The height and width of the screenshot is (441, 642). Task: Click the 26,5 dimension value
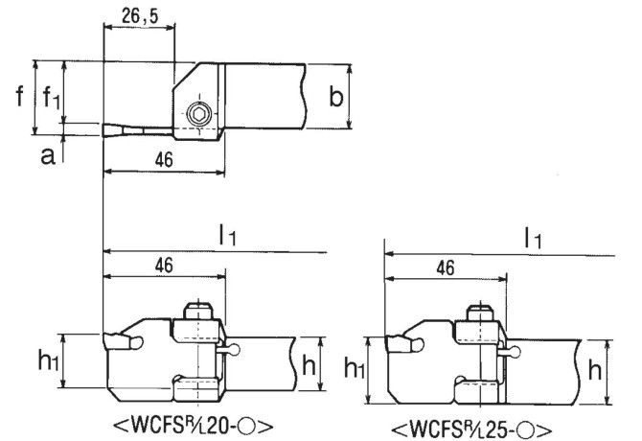140,16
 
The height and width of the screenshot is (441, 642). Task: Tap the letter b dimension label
336,97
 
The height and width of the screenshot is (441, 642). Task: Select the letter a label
48,155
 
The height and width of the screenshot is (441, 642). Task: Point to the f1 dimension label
52,98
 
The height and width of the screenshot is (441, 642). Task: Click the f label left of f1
19,96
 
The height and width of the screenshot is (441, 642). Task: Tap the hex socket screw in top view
199,113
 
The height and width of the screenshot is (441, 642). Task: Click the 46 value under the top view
164,160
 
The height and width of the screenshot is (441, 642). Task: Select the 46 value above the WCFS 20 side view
164,266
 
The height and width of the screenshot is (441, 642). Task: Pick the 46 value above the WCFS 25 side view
446,268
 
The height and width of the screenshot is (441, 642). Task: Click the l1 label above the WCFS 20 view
227,235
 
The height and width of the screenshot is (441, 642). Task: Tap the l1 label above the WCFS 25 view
533,238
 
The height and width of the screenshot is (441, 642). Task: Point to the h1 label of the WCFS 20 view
48,360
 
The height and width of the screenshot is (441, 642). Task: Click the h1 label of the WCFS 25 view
355,367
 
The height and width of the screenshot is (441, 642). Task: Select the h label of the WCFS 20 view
309,364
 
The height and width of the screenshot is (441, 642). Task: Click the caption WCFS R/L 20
193,426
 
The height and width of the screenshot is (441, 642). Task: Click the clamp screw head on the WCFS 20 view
198,312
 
